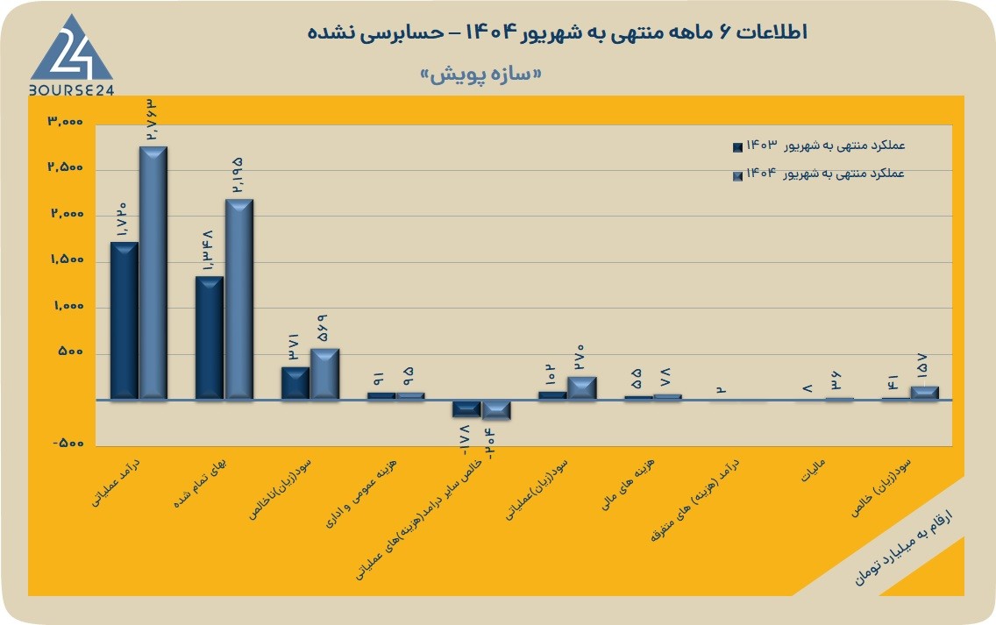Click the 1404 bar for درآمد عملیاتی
153,273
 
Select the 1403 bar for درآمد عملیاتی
125,321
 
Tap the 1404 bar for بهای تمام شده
238,299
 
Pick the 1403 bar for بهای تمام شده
210,337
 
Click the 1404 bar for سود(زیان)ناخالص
324,374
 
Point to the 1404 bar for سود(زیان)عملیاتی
582,388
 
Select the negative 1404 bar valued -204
496,410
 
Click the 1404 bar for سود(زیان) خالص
924,394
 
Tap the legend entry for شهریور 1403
819,146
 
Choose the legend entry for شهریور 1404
819,174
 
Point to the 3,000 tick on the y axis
66,121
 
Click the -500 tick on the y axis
68,443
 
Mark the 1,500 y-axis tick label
68,259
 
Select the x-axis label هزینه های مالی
628,485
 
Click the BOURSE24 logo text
71,90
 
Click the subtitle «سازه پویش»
480,75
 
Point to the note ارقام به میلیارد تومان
903,546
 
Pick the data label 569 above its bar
323,329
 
